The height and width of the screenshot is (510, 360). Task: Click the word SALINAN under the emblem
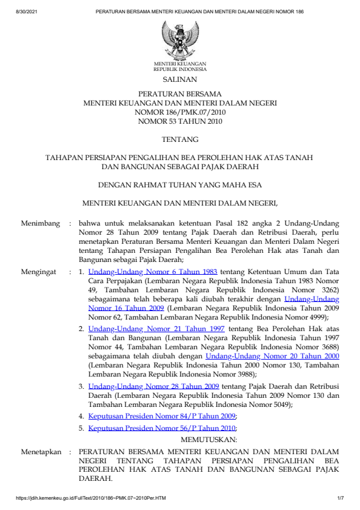tap(180, 79)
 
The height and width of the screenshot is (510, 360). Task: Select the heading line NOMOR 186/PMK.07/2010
tap(179, 112)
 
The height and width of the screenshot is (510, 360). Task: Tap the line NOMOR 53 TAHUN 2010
tap(179, 121)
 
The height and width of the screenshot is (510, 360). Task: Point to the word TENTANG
tap(179, 139)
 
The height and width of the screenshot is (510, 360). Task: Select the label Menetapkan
tap(42, 452)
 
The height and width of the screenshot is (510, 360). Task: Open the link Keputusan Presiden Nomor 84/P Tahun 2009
tap(162, 416)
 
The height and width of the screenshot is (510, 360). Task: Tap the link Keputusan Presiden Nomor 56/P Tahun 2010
tap(162, 428)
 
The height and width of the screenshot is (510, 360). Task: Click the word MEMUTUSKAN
tap(209, 438)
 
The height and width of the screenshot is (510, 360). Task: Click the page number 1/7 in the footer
tap(340, 498)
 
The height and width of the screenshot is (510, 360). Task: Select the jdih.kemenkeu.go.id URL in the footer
tap(91, 498)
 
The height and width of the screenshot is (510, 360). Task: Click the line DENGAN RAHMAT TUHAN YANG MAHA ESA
tap(179, 185)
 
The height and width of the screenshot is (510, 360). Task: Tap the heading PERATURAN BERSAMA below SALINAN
tap(179, 94)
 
